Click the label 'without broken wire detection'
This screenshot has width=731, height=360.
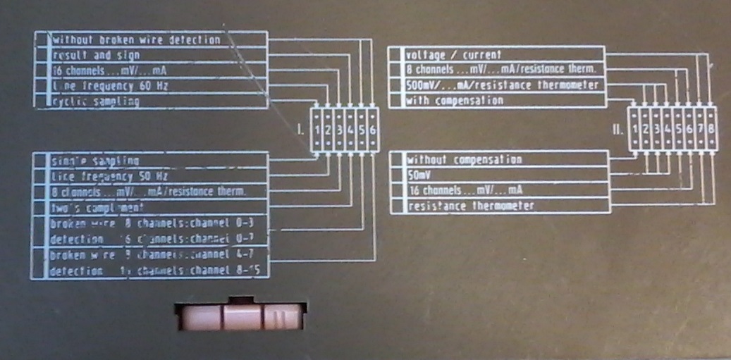click(x=136, y=39)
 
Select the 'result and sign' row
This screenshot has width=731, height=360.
click(x=96, y=55)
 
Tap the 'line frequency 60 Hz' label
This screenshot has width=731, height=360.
click(x=111, y=86)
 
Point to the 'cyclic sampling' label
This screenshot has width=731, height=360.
click(x=96, y=101)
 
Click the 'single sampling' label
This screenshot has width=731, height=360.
click(x=96, y=161)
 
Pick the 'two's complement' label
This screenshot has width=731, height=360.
click(x=98, y=208)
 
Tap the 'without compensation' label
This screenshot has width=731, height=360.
click(x=465, y=159)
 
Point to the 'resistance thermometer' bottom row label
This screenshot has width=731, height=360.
click(x=469, y=206)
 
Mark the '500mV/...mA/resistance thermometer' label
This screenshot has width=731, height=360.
click(x=503, y=85)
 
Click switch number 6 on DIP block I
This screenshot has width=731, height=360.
click(x=371, y=130)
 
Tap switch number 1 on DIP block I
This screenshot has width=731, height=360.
click(x=319, y=130)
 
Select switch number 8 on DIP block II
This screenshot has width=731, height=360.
click(x=711, y=128)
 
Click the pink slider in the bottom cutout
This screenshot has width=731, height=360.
click(x=240, y=317)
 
